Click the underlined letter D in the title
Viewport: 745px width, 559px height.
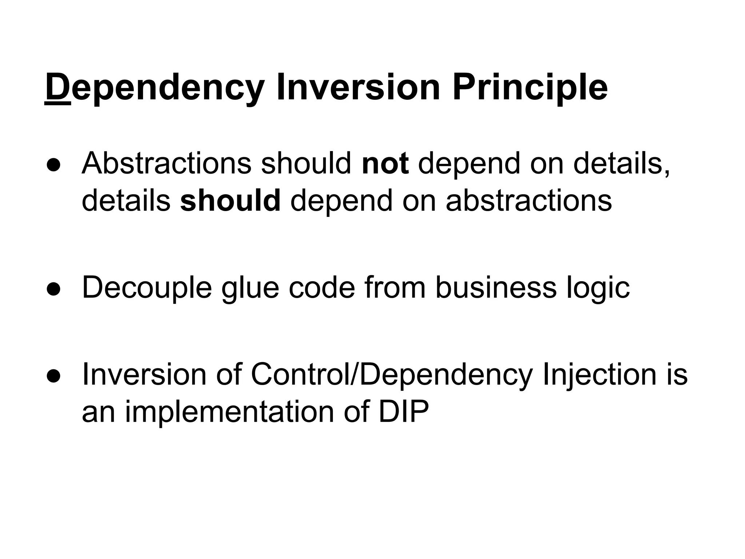(x=57, y=88)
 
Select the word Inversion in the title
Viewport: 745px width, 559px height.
(x=358, y=88)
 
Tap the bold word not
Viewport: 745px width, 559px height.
(x=385, y=163)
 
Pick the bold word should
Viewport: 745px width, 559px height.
(x=230, y=201)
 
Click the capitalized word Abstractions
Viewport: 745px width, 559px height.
(x=166, y=163)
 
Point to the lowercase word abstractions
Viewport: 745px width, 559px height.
(x=529, y=201)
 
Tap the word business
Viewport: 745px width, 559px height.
(x=495, y=288)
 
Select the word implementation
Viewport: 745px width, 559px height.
(x=230, y=412)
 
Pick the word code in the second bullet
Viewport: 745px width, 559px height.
(x=322, y=288)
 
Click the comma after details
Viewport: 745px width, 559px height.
(x=667, y=173)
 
